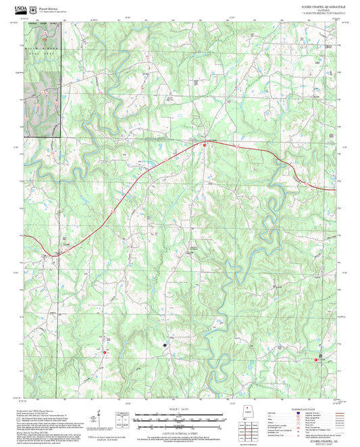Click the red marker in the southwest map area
[105, 352]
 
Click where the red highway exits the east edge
[336, 190]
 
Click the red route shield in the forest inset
[45, 40]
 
